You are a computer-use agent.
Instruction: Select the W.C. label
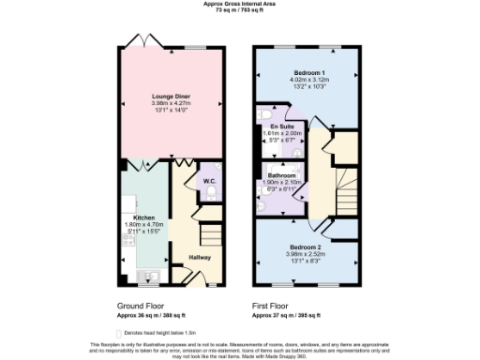point(210,180)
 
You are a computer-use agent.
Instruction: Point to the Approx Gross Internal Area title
point(239,4)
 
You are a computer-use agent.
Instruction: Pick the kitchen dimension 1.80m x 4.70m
point(130,225)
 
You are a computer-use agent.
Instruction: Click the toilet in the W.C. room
point(212,194)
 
